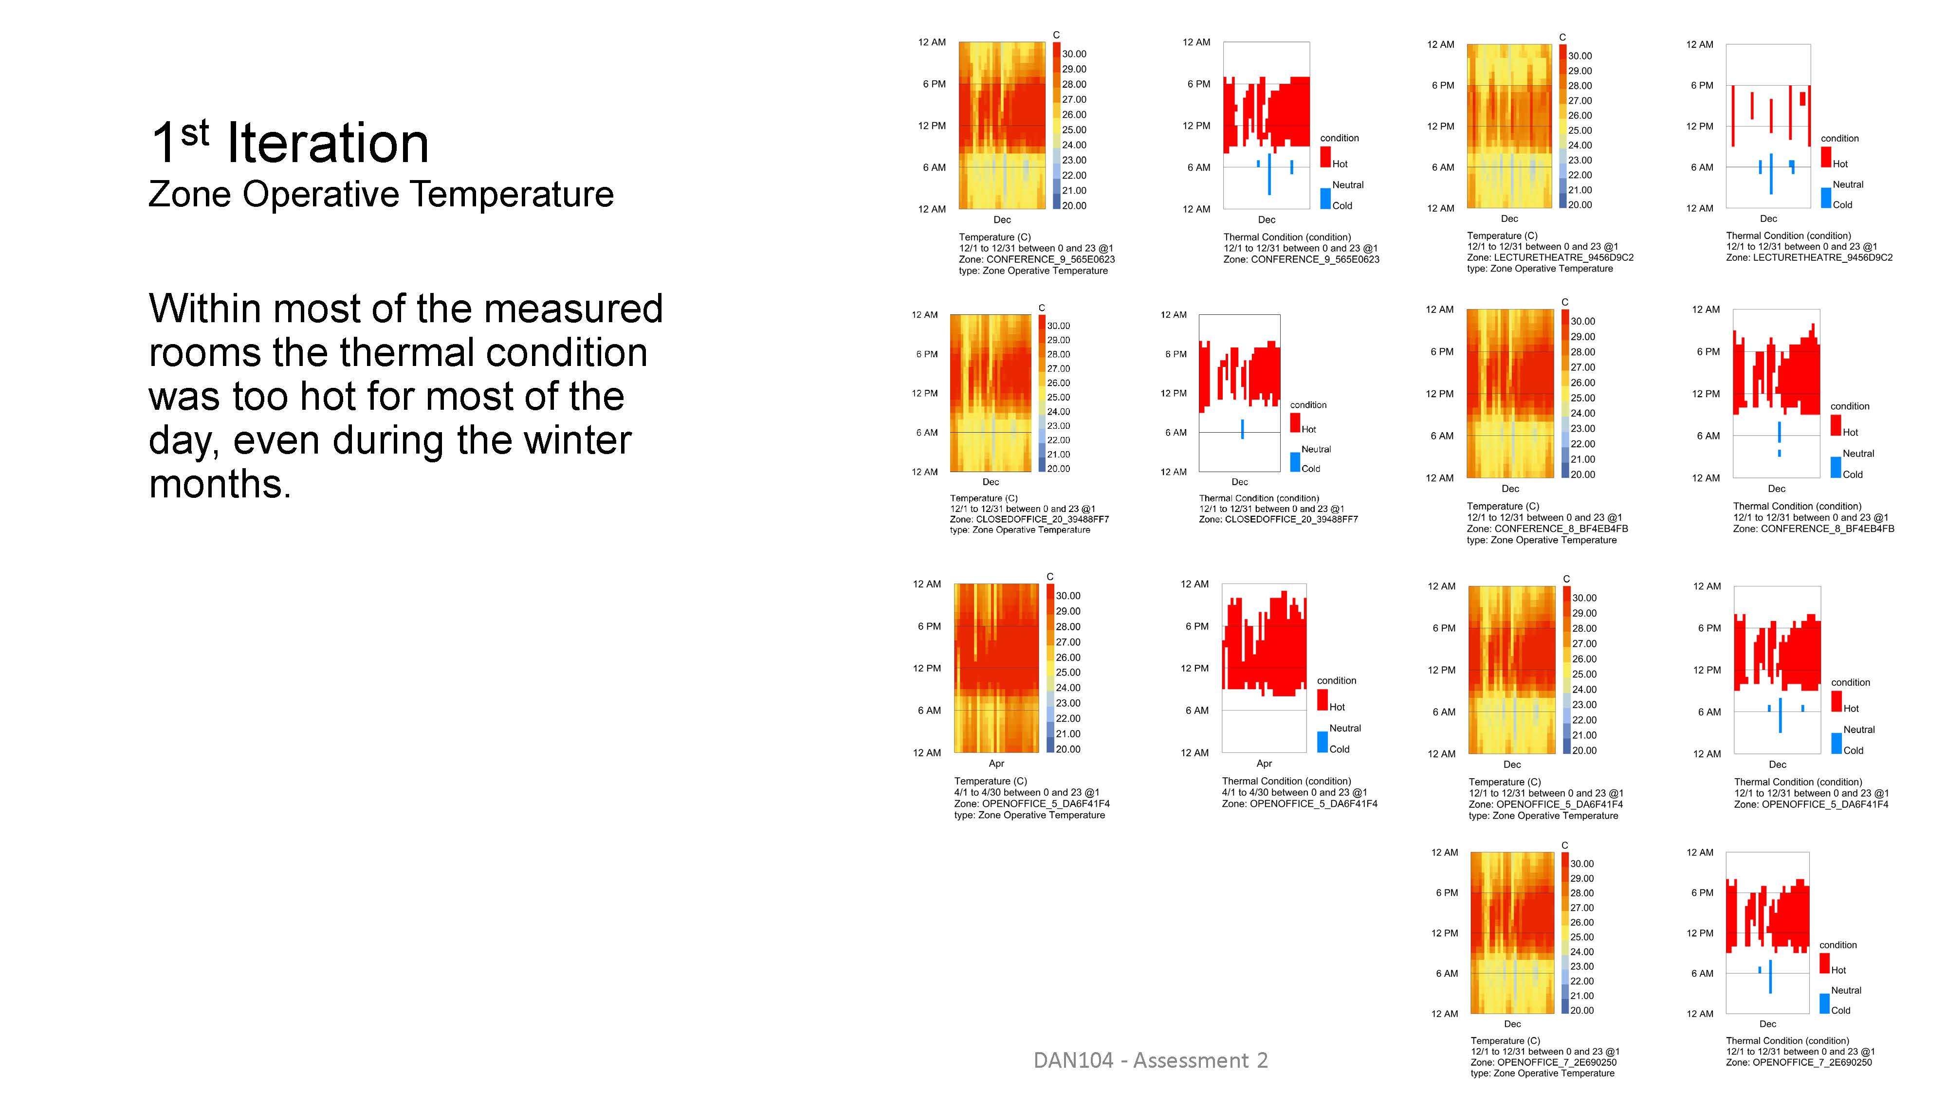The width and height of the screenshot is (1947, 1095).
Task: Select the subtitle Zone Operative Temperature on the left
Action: (x=381, y=194)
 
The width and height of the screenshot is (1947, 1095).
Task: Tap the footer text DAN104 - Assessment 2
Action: (x=1150, y=1060)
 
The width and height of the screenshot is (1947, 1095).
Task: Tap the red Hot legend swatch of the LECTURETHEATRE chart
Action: (x=1826, y=157)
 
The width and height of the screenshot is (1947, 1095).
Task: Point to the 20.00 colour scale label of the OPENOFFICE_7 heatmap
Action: (x=1582, y=1010)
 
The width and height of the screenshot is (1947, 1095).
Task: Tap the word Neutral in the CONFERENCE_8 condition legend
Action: (x=1858, y=454)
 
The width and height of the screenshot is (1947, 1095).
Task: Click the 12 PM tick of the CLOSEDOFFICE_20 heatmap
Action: (x=924, y=393)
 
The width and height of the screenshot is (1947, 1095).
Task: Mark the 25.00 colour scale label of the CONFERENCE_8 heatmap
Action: (x=1583, y=398)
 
